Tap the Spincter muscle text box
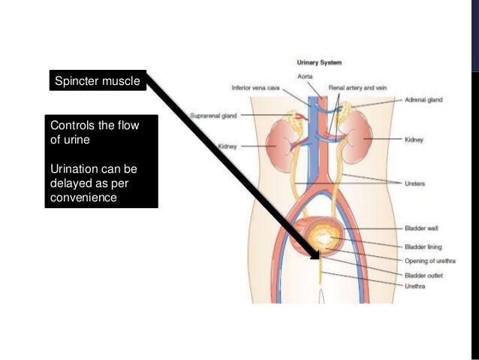coord(95,80)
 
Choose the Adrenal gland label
coord(425,98)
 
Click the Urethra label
coord(415,286)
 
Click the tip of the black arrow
coord(317,247)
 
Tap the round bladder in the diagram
coord(324,238)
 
